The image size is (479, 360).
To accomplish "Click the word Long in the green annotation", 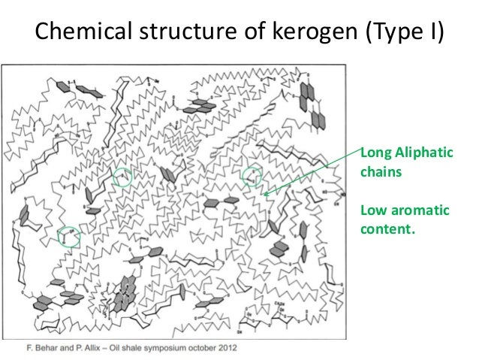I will pos(375,155).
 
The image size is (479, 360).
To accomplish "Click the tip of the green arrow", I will pos(264,195).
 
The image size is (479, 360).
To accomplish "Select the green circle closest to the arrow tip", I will pos(255,176).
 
